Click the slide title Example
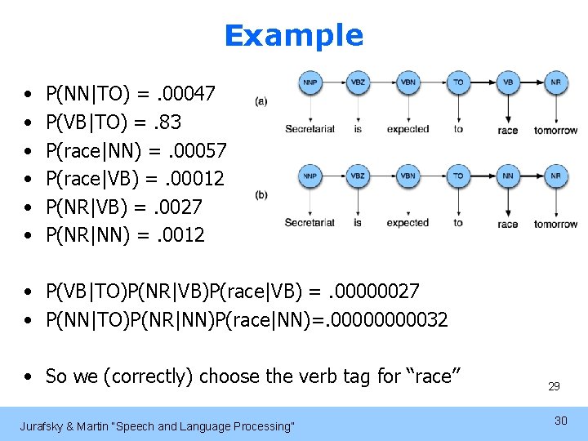293,35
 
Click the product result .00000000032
383,320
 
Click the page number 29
554,386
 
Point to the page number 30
560,420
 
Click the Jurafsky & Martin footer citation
157,426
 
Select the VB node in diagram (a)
507,82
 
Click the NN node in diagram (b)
507,175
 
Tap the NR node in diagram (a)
555,82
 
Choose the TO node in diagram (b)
458,175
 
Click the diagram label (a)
261,100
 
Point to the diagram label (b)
261,194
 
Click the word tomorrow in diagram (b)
555,224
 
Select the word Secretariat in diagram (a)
310,129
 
